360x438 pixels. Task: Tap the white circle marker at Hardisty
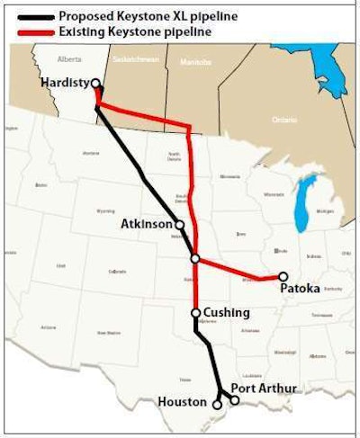click(95, 84)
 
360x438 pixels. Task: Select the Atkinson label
click(145, 224)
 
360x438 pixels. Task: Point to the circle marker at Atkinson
click(180, 225)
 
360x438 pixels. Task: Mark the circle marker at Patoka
click(283, 277)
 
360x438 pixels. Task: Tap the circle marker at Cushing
click(195, 314)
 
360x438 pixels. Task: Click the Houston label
click(183, 401)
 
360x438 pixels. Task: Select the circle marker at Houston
click(217, 405)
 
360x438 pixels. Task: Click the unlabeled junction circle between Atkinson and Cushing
click(195, 259)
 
